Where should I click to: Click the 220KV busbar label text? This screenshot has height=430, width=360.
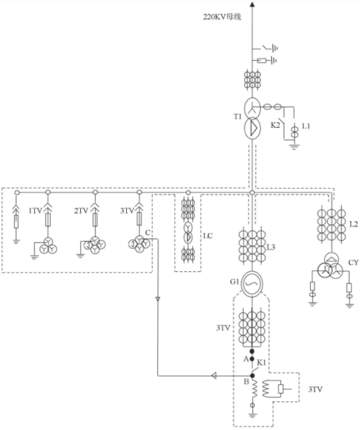click(222, 17)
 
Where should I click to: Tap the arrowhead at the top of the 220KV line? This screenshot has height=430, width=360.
click(252, 4)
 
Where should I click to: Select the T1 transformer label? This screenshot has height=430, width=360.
click(238, 117)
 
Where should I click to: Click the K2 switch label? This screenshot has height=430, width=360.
click(275, 125)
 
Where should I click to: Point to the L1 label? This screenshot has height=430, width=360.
click(306, 126)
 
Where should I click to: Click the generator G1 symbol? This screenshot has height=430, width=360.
click(252, 284)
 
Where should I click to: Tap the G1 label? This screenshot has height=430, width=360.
click(234, 282)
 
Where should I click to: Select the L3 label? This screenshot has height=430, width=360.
click(271, 248)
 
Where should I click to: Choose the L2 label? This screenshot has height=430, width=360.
click(353, 225)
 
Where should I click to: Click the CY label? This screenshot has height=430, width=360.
click(353, 263)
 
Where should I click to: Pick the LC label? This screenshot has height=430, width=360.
click(207, 236)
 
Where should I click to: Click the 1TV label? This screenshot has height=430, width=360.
click(36, 211)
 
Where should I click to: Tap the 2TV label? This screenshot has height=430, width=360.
click(81, 211)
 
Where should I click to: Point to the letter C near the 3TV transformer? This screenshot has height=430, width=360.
click(147, 232)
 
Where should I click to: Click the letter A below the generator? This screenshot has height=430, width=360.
click(246, 359)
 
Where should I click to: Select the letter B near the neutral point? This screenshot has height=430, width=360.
click(246, 381)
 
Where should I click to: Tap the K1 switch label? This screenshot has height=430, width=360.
click(261, 363)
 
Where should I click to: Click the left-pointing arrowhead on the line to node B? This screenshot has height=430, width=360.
click(214, 376)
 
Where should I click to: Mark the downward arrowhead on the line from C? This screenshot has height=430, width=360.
click(158, 299)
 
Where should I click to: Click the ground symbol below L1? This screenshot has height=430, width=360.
click(294, 146)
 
